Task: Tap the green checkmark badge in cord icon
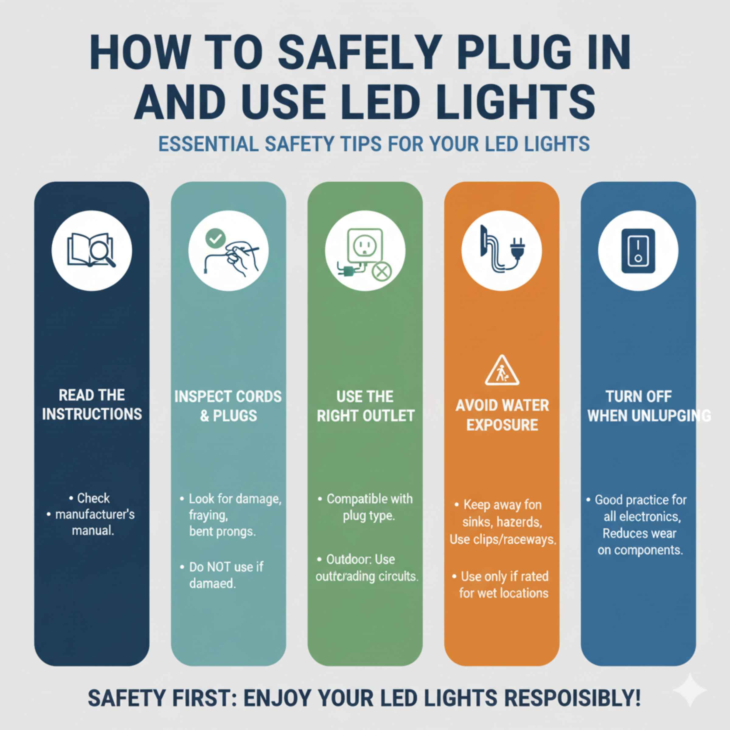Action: tap(215, 238)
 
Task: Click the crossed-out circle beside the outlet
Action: tap(382, 272)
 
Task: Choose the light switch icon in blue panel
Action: tap(638, 251)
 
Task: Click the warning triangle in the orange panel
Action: tap(502, 371)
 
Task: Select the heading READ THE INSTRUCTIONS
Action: tap(92, 405)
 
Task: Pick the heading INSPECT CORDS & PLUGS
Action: tap(228, 406)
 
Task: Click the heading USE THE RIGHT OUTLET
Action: tap(365, 406)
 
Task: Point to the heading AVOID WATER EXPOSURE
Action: tap(502, 415)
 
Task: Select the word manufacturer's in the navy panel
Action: tap(95, 514)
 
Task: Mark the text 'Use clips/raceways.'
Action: tap(502, 540)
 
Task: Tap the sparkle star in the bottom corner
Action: tap(690, 690)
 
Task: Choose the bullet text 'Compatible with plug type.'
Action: tap(368, 507)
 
